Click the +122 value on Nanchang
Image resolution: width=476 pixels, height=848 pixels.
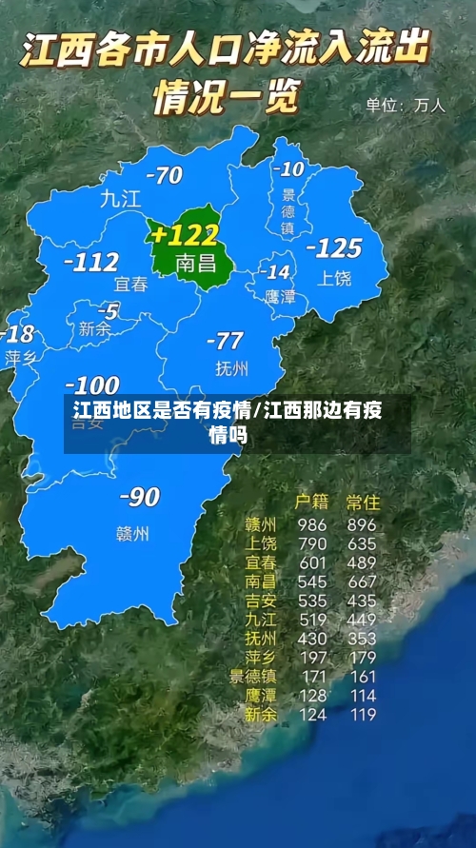(x=185, y=234)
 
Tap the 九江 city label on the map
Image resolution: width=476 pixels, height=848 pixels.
(x=120, y=199)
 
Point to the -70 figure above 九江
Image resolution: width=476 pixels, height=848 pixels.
(x=163, y=175)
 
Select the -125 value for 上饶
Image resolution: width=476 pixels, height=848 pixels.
(x=333, y=248)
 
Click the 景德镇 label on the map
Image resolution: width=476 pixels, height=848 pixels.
(x=288, y=209)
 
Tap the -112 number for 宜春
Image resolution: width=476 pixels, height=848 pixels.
(x=91, y=261)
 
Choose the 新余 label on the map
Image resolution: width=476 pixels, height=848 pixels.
(x=94, y=329)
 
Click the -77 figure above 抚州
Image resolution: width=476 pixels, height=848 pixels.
(x=225, y=341)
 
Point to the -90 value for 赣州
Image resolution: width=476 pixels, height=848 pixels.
(x=139, y=496)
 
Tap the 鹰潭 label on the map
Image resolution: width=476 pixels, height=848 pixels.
(x=279, y=297)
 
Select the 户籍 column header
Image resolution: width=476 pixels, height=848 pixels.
(x=310, y=501)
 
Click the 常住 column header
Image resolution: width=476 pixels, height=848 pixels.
(x=363, y=501)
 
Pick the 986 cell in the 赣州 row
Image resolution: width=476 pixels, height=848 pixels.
(x=311, y=524)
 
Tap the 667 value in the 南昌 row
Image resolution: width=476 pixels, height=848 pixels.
(x=362, y=581)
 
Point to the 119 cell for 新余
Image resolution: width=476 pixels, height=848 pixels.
(x=362, y=715)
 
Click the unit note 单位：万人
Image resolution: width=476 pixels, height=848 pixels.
(x=406, y=106)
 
